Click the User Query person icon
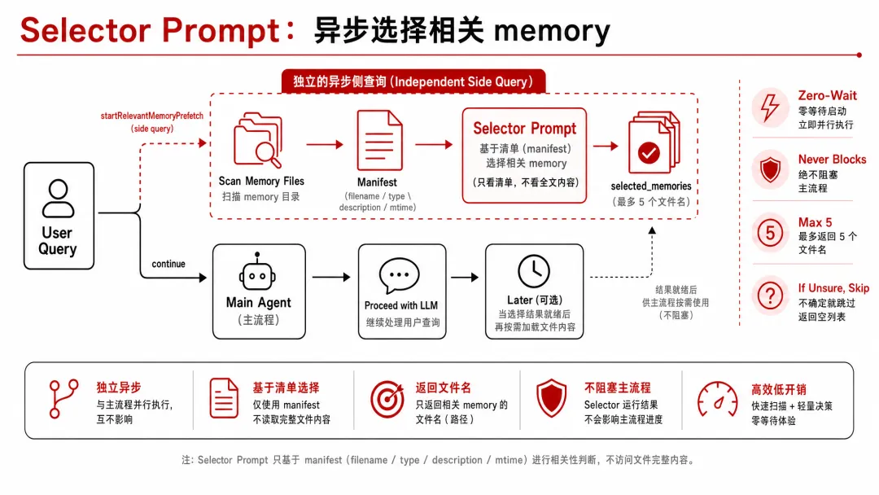click(59, 198)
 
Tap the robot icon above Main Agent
click(257, 273)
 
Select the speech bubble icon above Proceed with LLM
click(399, 275)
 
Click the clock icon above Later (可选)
click(534, 271)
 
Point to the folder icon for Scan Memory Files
click(258, 140)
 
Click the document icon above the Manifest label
click(379, 140)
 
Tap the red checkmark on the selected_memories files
click(649, 152)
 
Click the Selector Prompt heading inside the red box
click(525, 129)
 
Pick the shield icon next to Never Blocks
click(770, 169)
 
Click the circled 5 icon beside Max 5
click(770, 232)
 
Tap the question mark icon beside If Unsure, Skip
click(770, 296)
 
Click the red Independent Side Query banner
click(413, 82)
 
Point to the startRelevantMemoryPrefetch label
click(152, 116)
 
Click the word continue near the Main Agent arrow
click(168, 264)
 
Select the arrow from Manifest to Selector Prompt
click(434, 145)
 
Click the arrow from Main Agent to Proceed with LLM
click(331, 277)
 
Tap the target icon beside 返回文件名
click(387, 400)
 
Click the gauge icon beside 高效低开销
click(717, 399)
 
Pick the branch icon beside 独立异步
click(62, 399)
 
